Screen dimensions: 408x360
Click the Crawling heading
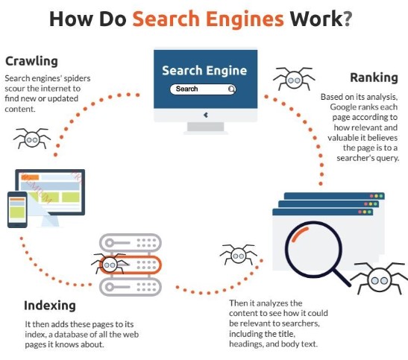click(31, 62)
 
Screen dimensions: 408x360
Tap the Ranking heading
click(374, 78)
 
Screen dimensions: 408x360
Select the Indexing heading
click(50, 306)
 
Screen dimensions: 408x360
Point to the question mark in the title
click(347, 19)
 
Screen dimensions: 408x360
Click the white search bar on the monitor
click(203, 89)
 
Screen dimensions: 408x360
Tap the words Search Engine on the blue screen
click(204, 71)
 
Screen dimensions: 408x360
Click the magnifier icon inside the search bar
click(231, 89)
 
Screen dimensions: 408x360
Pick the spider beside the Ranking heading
click(294, 79)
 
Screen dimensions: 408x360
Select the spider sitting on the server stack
click(110, 264)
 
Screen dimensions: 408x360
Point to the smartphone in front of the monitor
click(17, 209)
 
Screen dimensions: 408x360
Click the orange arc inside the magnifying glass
click(299, 234)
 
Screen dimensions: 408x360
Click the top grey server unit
click(131, 243)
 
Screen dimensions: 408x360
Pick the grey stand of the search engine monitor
click(206, 128)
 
